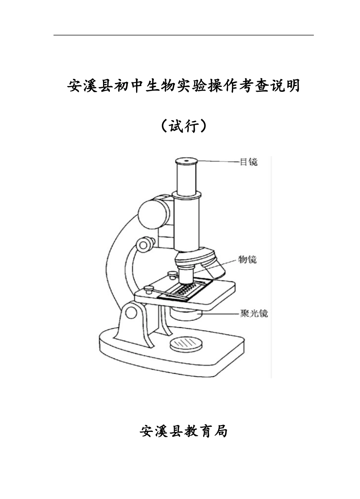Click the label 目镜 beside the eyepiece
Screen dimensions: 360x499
point(249,162)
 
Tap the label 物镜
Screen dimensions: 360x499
point(247,260)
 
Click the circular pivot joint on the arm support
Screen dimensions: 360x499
point(131,312)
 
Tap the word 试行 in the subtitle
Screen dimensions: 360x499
point(183,126)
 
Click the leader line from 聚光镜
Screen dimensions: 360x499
point(220,314)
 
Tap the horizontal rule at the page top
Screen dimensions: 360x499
point(183,35)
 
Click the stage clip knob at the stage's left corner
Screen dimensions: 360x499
point(149,289)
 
